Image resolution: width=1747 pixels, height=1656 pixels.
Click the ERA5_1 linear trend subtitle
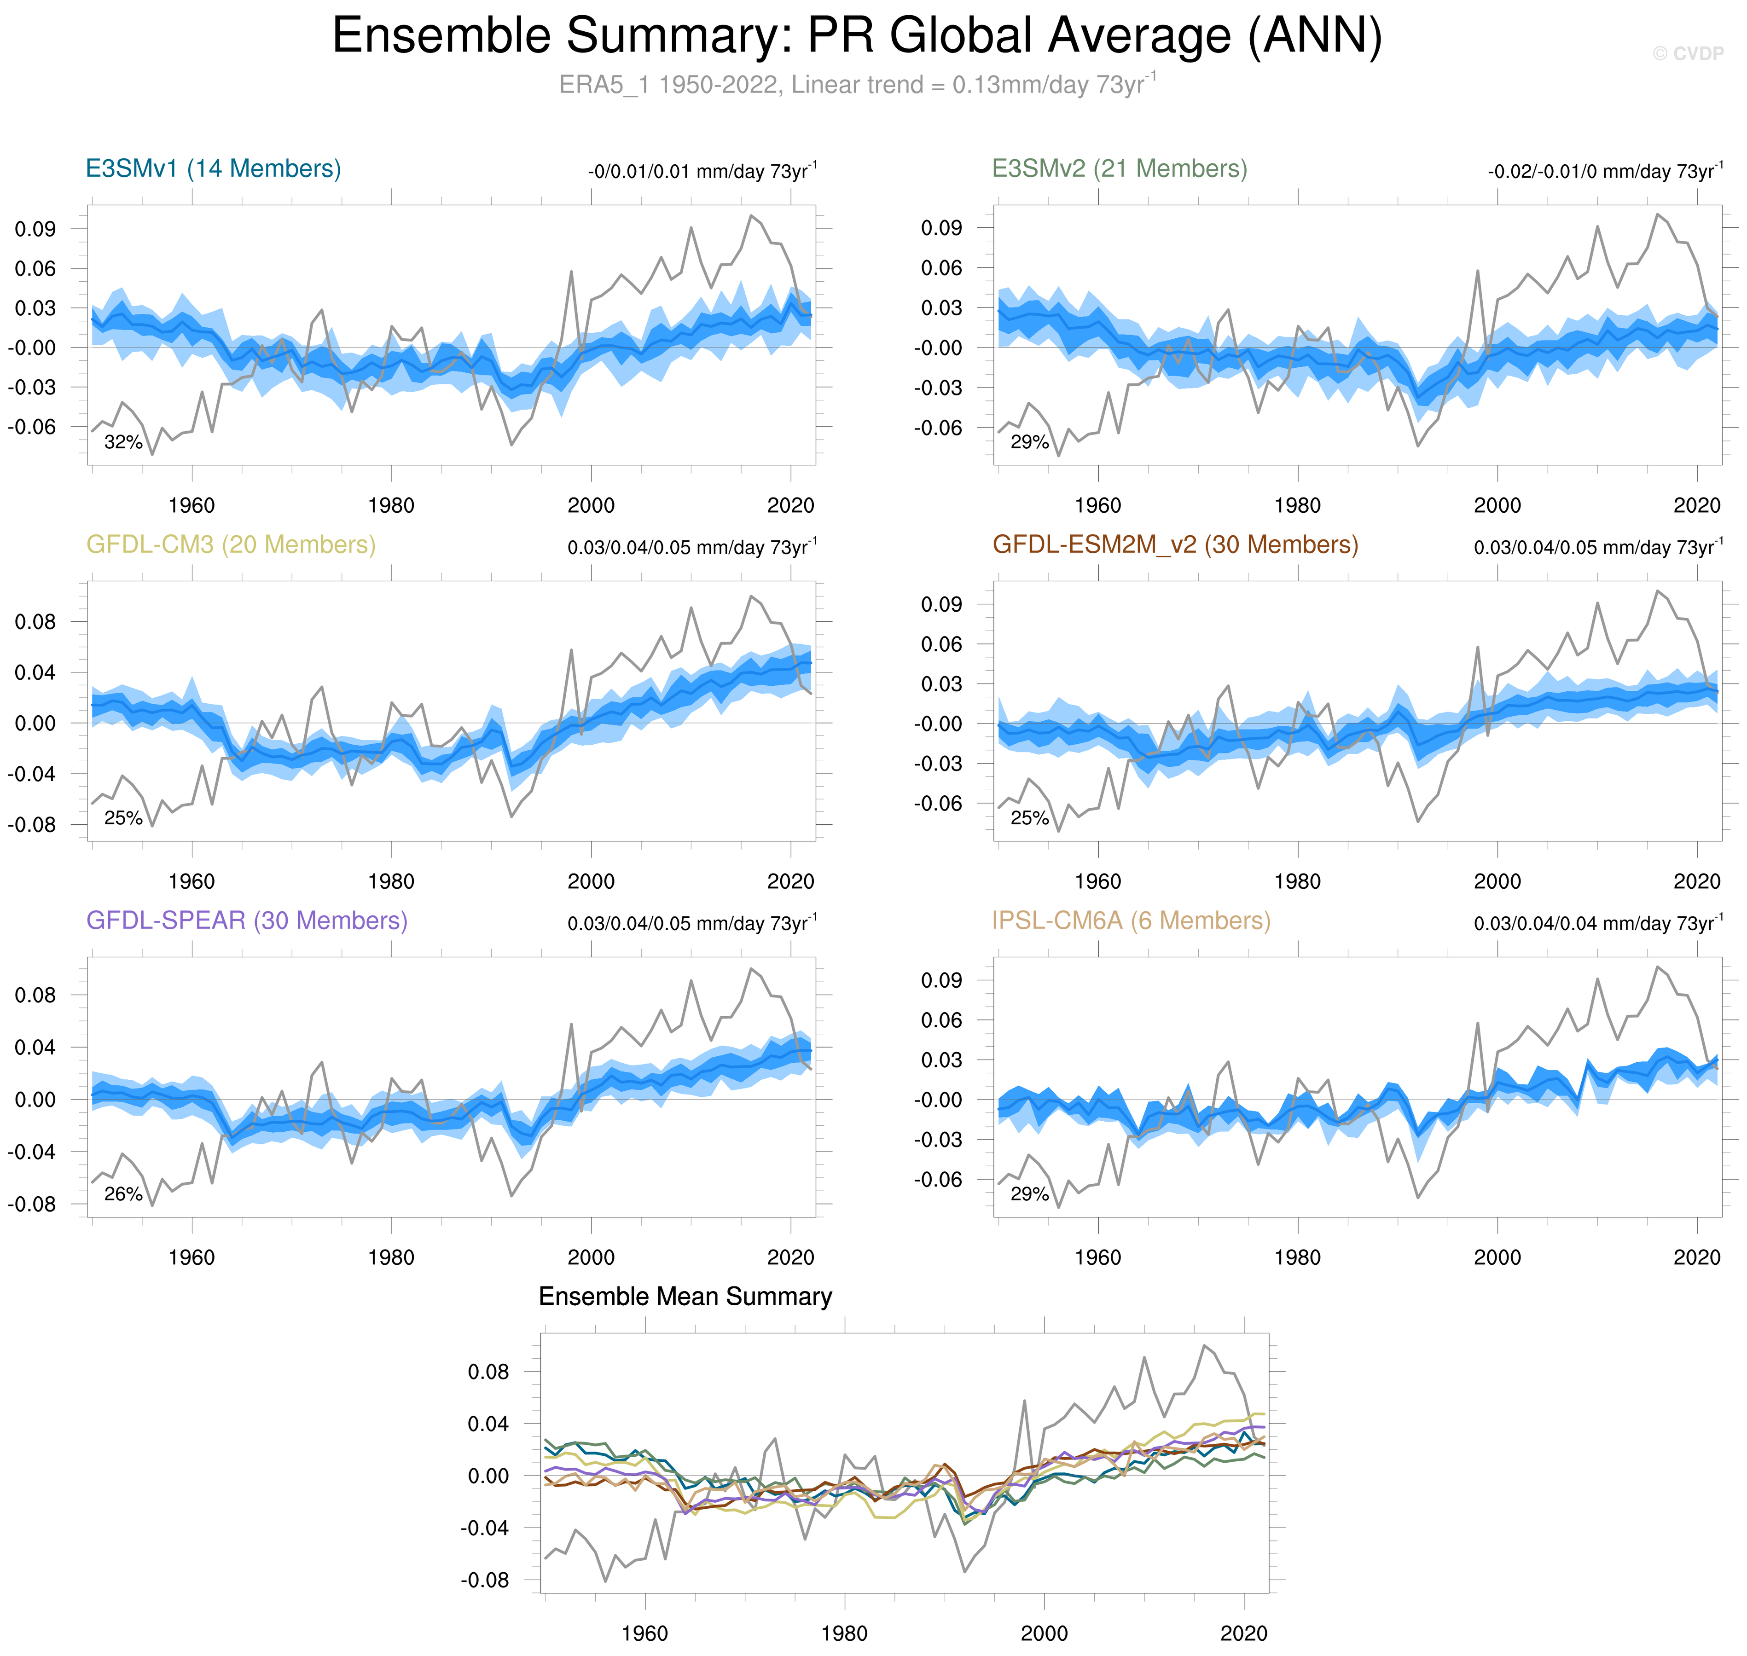[856, 85]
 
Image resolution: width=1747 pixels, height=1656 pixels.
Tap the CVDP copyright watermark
[1687, 54]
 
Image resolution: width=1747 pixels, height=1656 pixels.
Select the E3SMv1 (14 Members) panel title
[213, 168]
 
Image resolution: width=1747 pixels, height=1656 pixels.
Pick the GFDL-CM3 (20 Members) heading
[231, 544]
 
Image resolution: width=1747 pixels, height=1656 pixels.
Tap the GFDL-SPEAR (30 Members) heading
[246, 921]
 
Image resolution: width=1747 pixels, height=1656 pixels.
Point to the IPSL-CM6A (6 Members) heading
[1130, 921]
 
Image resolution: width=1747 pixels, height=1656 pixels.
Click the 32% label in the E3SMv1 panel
[123, 442]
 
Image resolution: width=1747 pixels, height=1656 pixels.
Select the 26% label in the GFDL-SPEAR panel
[123, 1194]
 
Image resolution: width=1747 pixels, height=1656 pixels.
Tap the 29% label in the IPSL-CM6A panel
[1029, 1194]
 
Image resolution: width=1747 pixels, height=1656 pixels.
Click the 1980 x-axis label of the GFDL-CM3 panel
[391, 881]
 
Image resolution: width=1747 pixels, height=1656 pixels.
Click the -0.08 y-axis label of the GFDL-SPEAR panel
[32, 1204]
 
